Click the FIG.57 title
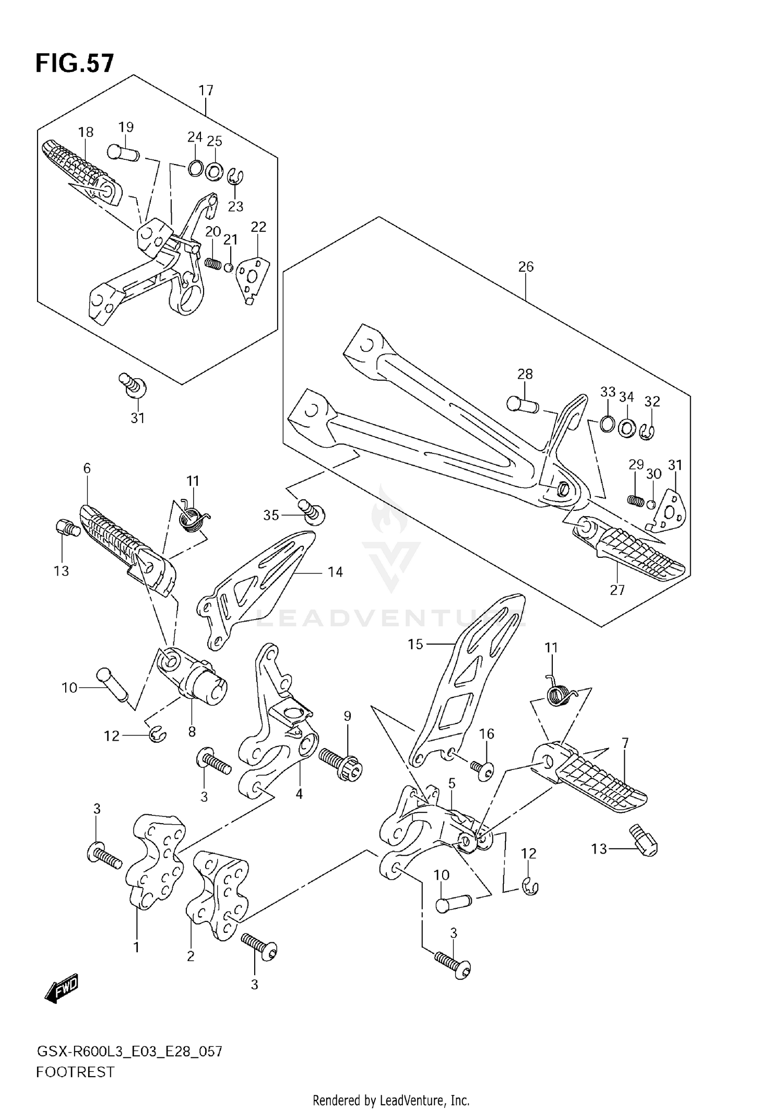pyautogui.click(x=74, y=64)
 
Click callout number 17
pyautogui.click(x=206, y=90)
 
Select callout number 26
pyautogui.click(x=526, y=267)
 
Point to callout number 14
pyautogui.click(x=335, y=572)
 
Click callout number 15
pyautogui.click(x=416, y=644)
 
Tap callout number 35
pyautogui.click(x=271, y=516)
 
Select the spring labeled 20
pyautogui.click(x=211, y=262)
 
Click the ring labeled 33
pyautogui.click(x=607, y=424)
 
